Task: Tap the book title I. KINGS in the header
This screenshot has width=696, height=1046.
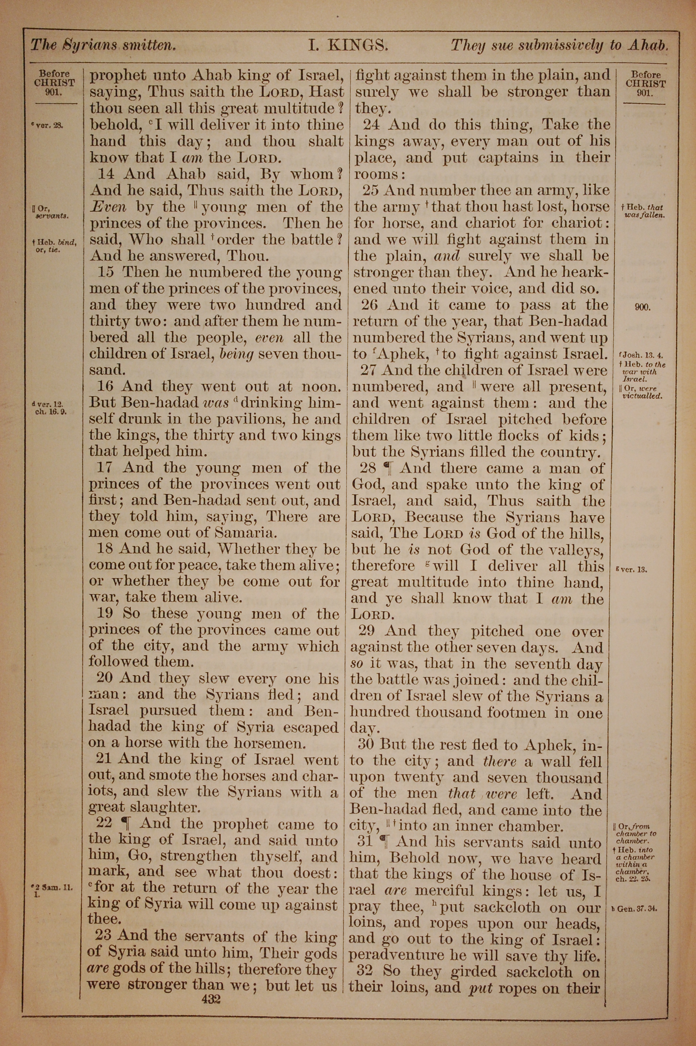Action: [348, 45]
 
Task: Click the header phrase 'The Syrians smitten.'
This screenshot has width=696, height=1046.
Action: [103, 45]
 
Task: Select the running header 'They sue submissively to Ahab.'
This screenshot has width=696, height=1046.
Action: [559, 45]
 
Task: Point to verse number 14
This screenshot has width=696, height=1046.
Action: [107, 174]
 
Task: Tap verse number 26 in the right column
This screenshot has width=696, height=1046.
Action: [369, 305]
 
